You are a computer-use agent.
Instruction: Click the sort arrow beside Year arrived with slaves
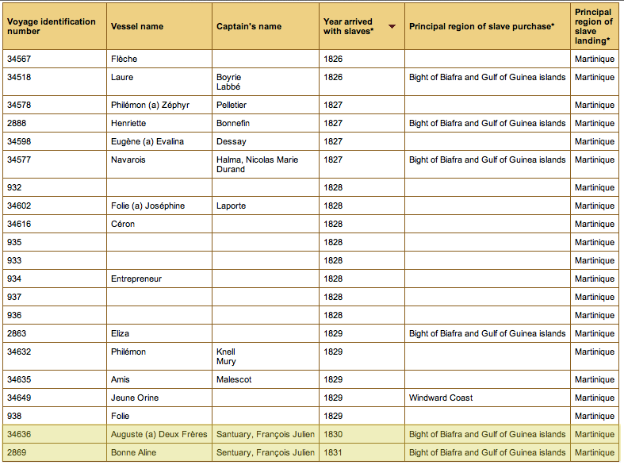[x=392, y=27]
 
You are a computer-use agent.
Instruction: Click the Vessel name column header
[x=137, y=27]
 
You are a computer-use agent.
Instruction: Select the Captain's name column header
[x=249, y=27]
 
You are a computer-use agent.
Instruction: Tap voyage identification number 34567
[x=19, y=59]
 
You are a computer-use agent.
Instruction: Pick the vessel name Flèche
[x=124, y=59]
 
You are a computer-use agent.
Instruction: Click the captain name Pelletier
[x=232, y=105]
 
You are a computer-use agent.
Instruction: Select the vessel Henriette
[x=128, y=124]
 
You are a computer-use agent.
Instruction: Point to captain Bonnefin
[x=233, y=124]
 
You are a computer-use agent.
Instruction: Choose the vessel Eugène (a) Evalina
[x=147, y=142]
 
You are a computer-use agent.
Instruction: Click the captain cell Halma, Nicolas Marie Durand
[x=257, y=164]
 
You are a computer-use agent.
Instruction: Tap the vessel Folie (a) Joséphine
[x=147, y=206]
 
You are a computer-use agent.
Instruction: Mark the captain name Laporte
[x=231, y=206]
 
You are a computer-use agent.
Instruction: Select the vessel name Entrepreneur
[x=136, y=279]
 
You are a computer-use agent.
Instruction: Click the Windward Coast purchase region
[x=441, y=398]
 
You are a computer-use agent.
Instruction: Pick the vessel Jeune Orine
[x=135, y=398]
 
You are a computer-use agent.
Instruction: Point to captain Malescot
[x=234, y=379]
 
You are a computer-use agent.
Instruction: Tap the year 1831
[x=333, y=452]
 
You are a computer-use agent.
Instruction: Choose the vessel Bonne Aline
[x=133, y=452]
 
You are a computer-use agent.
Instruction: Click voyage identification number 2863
[x=17, y=333]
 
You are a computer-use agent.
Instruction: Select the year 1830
[x=333, y=434]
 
